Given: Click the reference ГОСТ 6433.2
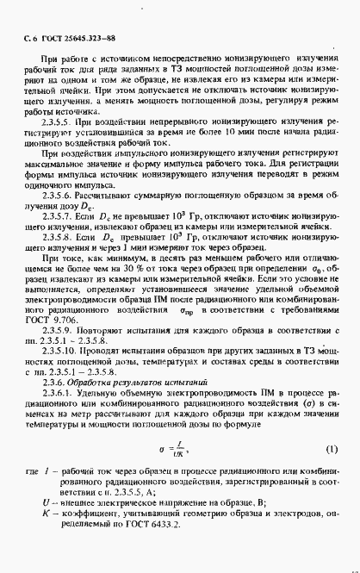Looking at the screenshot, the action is [x=198, y=550].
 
